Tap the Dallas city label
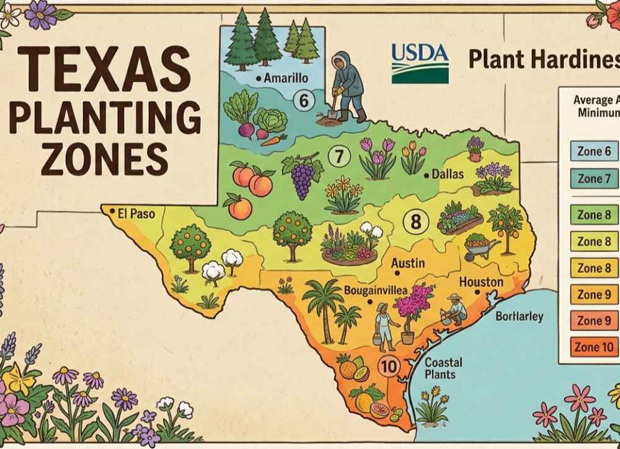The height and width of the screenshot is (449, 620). coord(447,175)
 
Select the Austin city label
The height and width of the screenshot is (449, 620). coord(408,263)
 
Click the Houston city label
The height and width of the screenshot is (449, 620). coord(481,282)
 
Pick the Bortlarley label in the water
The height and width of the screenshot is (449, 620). coord(520,317)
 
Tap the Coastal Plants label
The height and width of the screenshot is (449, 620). coord(440,368)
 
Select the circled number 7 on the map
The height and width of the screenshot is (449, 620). coord(339,157)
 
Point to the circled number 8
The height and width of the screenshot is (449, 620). coord(415,221)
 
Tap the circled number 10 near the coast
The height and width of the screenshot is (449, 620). coord(389,367)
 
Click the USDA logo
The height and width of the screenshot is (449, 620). coord(420,62)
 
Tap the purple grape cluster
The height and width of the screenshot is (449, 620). coord(303,175)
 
